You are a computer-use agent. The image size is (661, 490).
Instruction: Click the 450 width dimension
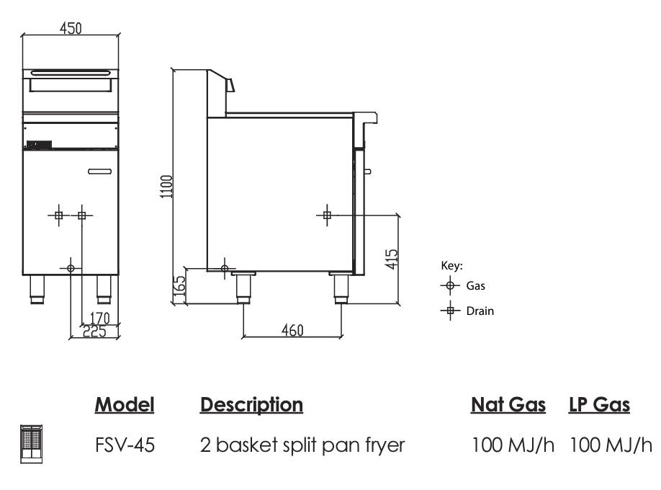70,28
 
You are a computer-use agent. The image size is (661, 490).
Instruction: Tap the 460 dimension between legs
292,330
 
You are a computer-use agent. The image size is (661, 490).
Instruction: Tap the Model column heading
125,406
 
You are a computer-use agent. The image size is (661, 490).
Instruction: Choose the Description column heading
251,406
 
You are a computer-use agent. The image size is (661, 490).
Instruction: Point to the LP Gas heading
599,406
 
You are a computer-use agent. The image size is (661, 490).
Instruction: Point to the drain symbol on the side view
328,215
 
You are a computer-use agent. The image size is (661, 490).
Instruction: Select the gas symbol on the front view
71,268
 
